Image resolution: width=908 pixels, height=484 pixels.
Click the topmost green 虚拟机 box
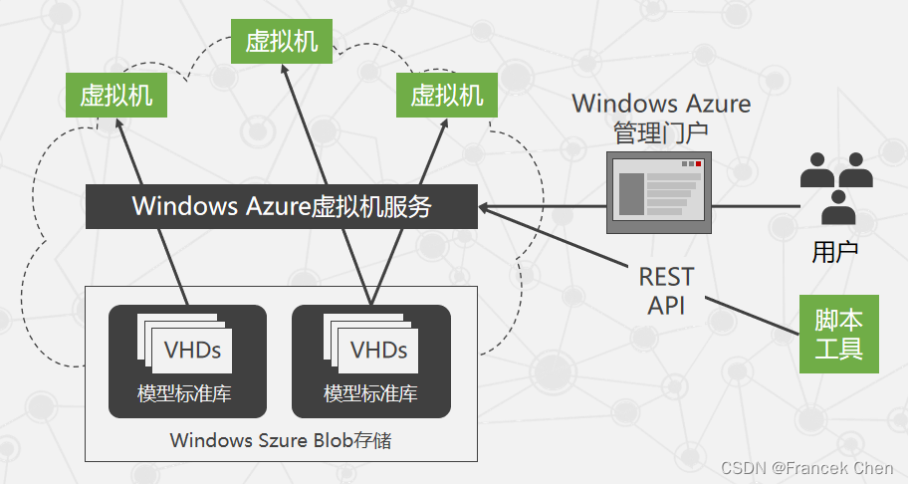coord(282,41)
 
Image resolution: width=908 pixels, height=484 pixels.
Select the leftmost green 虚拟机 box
coord(116,96)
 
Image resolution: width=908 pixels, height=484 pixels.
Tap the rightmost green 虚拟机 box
coord(446,96)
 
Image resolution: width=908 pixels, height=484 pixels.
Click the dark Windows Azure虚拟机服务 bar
coord(282,206)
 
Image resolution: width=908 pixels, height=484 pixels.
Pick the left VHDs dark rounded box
coord(187,361)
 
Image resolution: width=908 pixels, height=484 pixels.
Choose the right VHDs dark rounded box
coord(370,361)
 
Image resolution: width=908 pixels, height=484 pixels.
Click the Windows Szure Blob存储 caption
coord(281,439)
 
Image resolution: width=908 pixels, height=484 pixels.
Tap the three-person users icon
coord(836,187)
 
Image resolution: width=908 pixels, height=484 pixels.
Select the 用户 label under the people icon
coord(834,252)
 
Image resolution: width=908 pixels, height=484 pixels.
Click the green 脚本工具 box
coord(838,334)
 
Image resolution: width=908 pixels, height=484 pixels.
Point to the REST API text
coord(666,290)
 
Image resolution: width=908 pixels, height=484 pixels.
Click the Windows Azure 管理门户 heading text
coord(661,117)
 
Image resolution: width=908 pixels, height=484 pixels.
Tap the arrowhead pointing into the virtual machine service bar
coord(485,207)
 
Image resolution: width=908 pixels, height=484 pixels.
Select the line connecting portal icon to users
coord(757,206)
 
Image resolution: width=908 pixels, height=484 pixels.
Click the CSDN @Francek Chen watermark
coord(809,467)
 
